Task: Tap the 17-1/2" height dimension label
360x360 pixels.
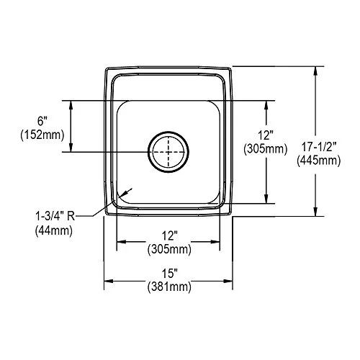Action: [x=319, y=147]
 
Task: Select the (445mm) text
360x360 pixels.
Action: [x=319, y=161]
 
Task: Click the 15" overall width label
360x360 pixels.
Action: [x=169, y=273]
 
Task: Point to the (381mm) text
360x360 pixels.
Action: [x=169, y=287]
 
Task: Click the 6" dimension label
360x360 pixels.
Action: [x=42, y=121]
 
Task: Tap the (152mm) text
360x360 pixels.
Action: [x=42, y=135]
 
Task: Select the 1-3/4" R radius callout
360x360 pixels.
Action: [x=55, y=217]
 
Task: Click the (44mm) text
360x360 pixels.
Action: [x=54, y=231]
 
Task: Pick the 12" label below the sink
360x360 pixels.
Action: [x=169, y=235]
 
